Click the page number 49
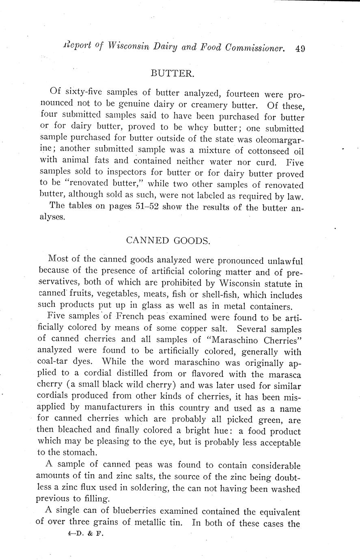coord(300,49)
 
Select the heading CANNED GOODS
coord(168,240)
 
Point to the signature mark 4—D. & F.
coord(86,534)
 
